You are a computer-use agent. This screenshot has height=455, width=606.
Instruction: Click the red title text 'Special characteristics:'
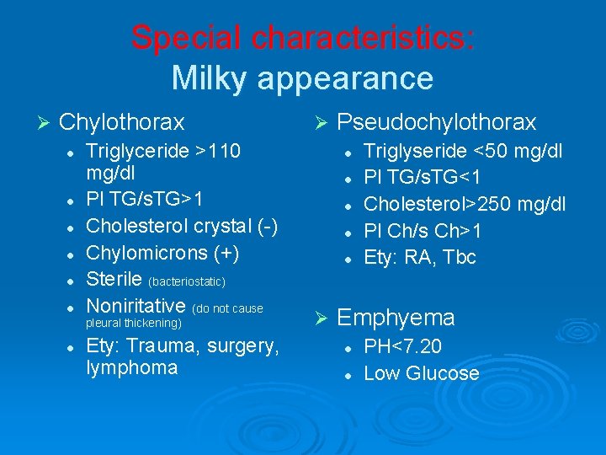[303, 38]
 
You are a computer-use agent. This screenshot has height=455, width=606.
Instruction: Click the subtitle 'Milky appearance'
[303, 78]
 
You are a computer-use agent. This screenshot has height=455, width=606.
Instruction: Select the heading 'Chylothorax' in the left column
[122, 123]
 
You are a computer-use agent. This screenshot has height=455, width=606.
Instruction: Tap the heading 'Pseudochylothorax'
[436, 123]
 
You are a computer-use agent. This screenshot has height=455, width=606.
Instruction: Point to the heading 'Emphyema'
[396, 318]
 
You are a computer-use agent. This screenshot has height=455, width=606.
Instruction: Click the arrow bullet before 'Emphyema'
[319, 318]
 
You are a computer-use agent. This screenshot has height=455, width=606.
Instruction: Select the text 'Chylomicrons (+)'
[162, 253]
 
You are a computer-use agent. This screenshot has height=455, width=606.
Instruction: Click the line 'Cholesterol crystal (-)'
[182, 226]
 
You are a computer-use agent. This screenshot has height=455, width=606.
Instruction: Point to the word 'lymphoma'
[132, 367]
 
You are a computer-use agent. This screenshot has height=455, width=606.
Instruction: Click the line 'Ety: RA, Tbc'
[420, 258]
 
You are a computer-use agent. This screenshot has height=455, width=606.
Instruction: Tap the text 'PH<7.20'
[402, 346]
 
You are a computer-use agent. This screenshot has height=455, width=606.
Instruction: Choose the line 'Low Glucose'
[421, 373]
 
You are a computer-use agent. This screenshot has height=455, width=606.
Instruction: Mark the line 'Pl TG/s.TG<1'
[423, 178]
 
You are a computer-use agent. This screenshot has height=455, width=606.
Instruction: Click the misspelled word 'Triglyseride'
[413, 152]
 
